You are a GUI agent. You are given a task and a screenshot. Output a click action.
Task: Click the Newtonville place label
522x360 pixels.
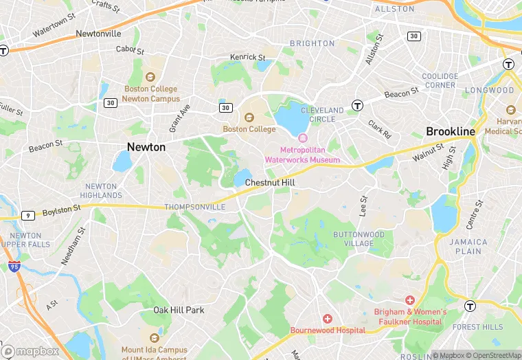tap(98, 33)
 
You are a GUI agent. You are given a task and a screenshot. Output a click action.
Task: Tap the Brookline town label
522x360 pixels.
tap(451, 131)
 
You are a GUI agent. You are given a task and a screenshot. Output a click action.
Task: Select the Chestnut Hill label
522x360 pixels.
tap(270, 183)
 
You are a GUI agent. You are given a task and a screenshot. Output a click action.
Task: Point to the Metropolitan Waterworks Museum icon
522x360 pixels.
tap(302, 139)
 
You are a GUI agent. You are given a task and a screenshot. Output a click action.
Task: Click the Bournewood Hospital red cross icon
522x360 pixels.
tap(328, 319)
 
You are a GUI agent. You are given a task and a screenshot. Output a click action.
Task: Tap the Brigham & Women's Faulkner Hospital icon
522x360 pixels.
tap(410, 300)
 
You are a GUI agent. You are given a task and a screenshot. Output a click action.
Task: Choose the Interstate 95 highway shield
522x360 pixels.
tap(14, 266)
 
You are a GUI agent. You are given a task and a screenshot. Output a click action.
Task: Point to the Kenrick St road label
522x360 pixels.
tap(247, 57)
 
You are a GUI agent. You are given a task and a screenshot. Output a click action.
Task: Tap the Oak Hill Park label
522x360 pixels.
tap(179, 310)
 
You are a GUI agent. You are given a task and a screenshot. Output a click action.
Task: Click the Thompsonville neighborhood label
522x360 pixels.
tap(195, 207)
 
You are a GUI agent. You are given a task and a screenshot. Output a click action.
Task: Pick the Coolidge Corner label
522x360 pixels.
tap(440, 80)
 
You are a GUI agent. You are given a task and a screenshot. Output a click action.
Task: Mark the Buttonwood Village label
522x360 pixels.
tap(359, 238)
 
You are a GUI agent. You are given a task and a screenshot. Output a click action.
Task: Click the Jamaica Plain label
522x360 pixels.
tap(468, 247)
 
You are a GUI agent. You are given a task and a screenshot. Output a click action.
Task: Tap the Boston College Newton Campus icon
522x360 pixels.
tap(150, 78)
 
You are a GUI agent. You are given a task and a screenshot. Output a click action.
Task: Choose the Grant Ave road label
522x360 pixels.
tap(180, 120)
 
